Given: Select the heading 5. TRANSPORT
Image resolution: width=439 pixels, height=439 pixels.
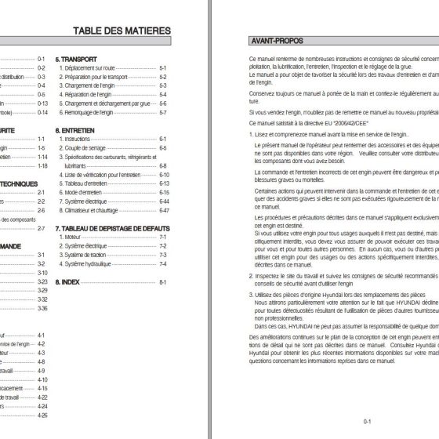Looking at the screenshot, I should tap(80, 59).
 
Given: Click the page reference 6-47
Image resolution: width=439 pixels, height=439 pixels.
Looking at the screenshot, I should tap(164, 210).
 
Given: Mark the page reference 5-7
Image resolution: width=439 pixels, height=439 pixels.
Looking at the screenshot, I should tap(164, 112).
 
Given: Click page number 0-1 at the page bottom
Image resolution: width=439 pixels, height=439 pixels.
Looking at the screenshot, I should tap(367, 421).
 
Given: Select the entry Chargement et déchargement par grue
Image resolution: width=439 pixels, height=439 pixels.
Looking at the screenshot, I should tap(108, 103).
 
